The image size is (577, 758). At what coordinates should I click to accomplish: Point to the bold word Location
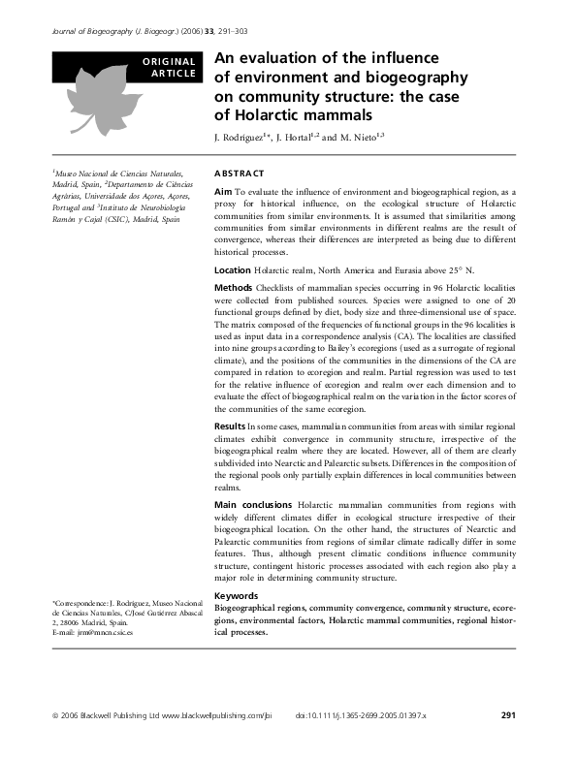pos(232,269)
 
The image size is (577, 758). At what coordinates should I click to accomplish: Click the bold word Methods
pos(233,289)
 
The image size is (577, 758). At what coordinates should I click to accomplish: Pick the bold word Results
pos(230,426)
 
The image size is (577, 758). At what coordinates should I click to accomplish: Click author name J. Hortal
pos(305,137)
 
